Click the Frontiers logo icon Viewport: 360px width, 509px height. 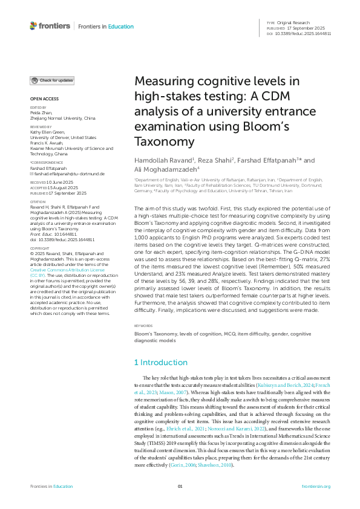(x=33, y=26)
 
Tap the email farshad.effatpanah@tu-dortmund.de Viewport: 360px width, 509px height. (x=68, y=173)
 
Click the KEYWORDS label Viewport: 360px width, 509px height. (x=145, y=326)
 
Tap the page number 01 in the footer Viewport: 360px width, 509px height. (x=180, y=487)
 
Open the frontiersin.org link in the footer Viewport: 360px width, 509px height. (x=316, y=487)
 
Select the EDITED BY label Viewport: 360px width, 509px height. (x=38, y=108)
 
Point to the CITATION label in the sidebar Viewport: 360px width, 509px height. (x=37, y=202)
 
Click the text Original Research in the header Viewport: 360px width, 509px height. (x=296, y=22)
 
